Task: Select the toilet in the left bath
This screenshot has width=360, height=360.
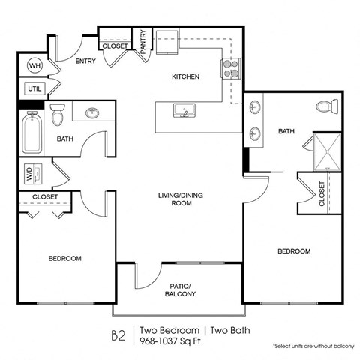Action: coord(58,115)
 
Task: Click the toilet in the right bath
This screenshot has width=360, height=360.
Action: coord(324,108)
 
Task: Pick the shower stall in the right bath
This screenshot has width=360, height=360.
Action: coord(324,149)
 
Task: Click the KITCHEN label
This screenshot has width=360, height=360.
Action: coord(185,76)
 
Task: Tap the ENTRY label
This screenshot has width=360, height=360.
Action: coord(85,61)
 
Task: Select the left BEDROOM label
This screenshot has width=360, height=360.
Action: coord(65,258)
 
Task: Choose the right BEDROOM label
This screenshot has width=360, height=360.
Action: coord(294,251)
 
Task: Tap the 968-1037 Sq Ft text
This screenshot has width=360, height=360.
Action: coord(172,341)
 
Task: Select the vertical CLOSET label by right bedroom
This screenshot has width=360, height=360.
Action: coord(322,193)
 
